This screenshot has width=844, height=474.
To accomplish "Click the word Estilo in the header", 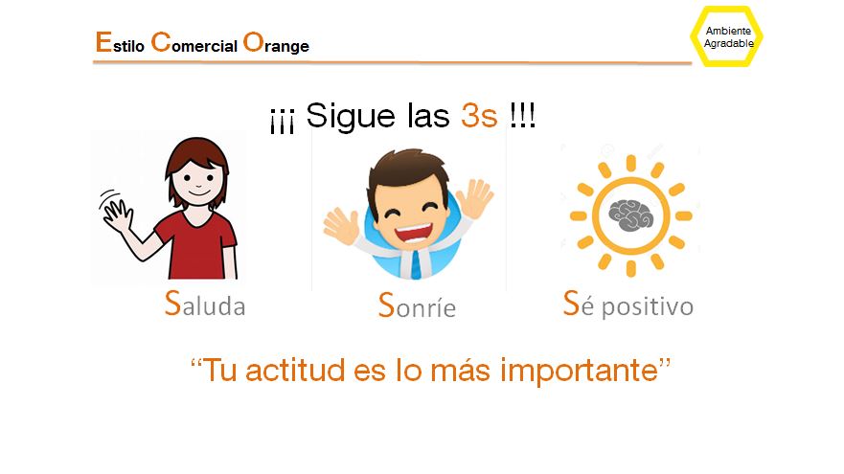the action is click(x=120, y=42).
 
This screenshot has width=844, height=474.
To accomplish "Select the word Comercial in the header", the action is click(x=194, y=42).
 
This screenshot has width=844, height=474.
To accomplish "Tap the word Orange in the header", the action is click(x=276, y=43).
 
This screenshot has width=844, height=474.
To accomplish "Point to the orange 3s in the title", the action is click(x=479, y=115).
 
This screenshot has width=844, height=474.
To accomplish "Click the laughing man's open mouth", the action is click(x=414, y=234).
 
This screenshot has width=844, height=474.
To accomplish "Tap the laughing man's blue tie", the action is click(x=416, y=263).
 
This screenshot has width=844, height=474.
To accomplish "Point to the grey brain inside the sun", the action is click(x=631, y=215).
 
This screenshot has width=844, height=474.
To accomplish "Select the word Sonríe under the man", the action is click(x=417, y=305).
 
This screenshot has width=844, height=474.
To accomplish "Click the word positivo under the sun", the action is click(x=648, y=307).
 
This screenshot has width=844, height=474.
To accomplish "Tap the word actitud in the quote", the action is click(x=295, y=371).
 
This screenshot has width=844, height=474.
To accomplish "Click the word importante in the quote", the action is click(x=580, y=372).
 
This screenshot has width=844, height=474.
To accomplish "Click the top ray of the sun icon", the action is click(x=631, y=163).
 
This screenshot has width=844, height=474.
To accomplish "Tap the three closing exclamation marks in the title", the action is click(x=522, y=115).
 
